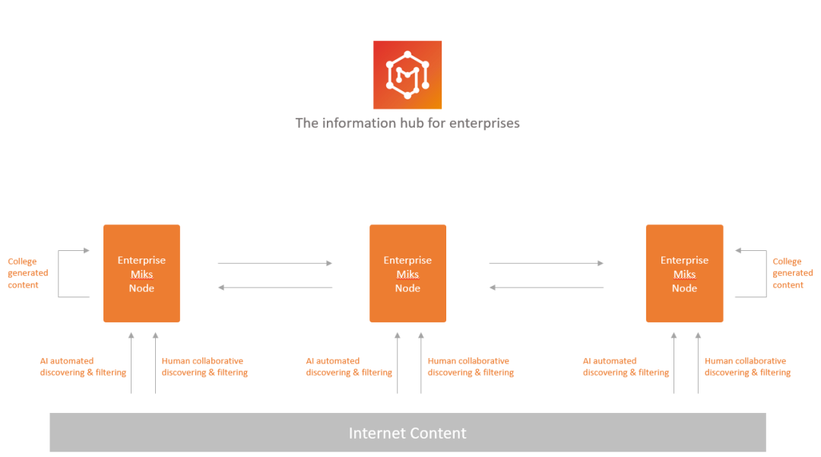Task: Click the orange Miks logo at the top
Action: (407, 75)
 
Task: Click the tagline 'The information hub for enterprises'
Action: (407, 123)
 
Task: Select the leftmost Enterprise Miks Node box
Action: (141, 273)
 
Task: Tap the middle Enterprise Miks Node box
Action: (408, 273)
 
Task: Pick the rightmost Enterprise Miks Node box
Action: (684, 273)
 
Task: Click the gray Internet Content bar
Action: (408, 433)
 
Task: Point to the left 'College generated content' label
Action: (28, 273)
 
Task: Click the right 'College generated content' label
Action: (793, 273)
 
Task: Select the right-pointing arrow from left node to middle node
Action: (275, 263)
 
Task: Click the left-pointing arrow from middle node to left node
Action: (275, 287)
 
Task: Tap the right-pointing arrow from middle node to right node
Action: (546, 263)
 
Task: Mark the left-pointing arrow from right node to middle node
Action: (546, 287)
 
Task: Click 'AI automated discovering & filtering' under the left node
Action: (83, 367)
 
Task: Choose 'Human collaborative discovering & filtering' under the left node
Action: (204, 367)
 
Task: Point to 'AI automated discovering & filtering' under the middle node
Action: (349, 367)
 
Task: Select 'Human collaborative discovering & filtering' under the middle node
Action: (471, 367)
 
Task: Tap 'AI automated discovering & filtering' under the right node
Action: (626, 367)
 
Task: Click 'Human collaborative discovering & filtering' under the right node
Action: (748, 367)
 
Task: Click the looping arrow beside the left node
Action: (59, 274)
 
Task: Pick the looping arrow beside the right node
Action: (766, 274)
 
